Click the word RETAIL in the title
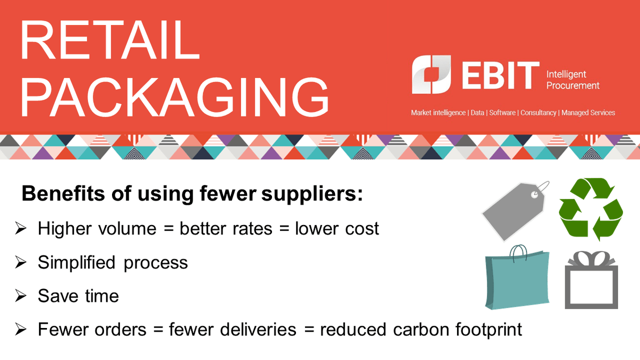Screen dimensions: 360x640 (109, 41)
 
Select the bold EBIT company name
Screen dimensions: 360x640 (493, 75)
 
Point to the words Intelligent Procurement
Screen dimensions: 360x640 (573, 80)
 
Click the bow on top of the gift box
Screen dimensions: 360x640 (591, 259)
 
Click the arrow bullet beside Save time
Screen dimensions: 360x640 (21, 296)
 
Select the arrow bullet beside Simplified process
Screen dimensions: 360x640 (21, 262)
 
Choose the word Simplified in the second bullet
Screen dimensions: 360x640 (76, 262)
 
